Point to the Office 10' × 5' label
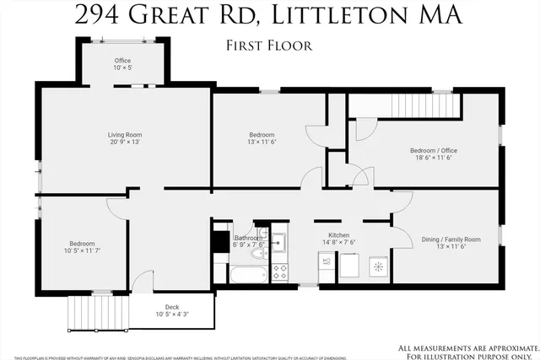[123, 65]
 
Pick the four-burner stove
[279, 271]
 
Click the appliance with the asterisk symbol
[378, 267]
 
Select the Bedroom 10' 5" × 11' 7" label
[82, 247]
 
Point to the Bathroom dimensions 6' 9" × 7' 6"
[249, 244]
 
